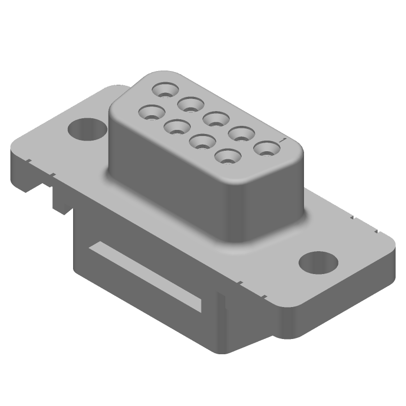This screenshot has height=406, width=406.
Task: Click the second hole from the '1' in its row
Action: coord(242,134)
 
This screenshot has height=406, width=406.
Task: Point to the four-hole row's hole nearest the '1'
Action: coord(228,156)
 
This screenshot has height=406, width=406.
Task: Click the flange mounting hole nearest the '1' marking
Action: coord(318,263)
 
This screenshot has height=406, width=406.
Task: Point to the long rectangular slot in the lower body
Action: coord(147,277)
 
